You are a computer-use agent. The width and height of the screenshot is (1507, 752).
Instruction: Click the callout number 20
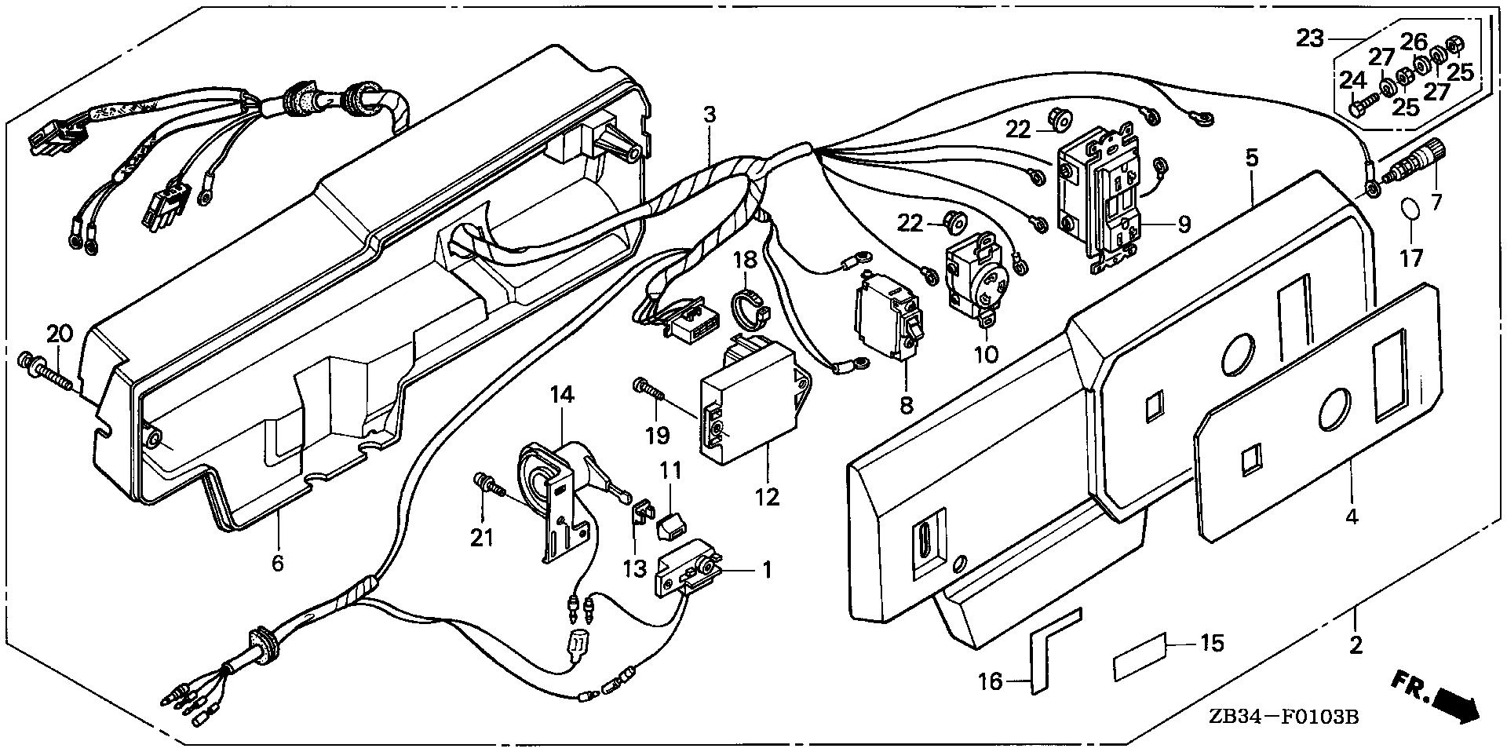pyautogui.click(x=59, y=334)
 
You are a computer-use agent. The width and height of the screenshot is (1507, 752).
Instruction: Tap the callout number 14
pyautogui.click(x=563, y=394)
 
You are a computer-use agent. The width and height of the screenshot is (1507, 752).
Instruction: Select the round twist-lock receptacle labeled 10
pyautogui.click(x=971, y=283)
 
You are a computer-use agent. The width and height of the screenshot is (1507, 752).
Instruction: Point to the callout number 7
pyautogui.click(x=1436, y=203)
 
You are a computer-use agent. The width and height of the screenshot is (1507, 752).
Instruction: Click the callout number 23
pyautogui.click(x=1310, y=38)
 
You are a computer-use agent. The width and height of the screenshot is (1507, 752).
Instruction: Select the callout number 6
pyautogui.click(x=277, y=563)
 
